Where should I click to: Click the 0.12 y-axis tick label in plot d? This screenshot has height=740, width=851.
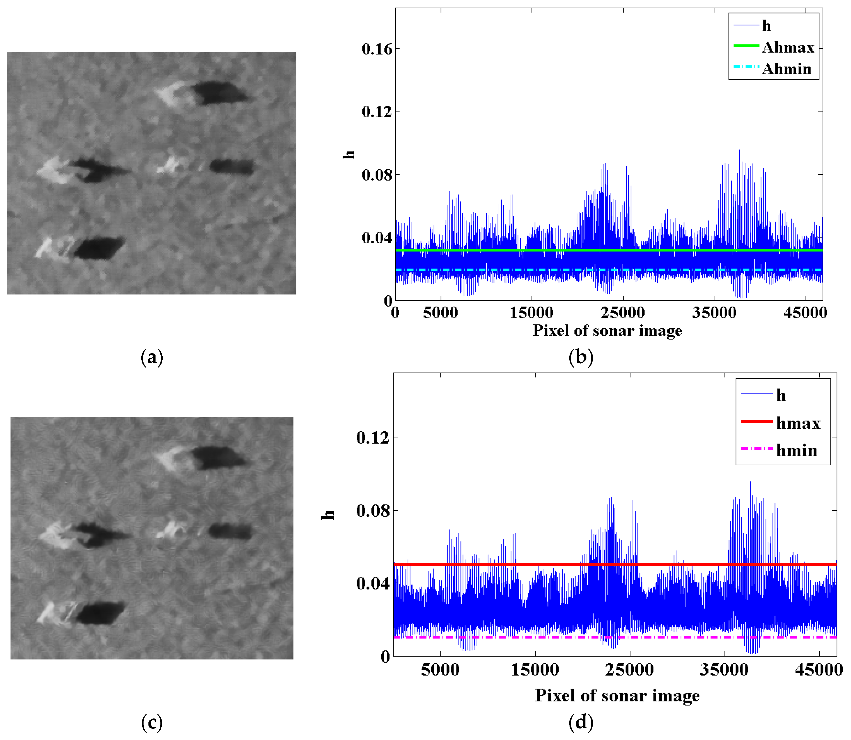point(372,437)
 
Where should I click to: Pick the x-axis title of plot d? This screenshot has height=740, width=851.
point(617,696)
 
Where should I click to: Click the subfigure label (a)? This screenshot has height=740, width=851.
point(152,357)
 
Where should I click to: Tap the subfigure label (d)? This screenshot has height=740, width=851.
point(581,722)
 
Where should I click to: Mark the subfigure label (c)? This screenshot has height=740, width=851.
point(152,722)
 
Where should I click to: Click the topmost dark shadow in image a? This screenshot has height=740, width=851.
point(219,93)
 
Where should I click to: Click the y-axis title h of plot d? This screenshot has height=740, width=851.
point(328,514)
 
